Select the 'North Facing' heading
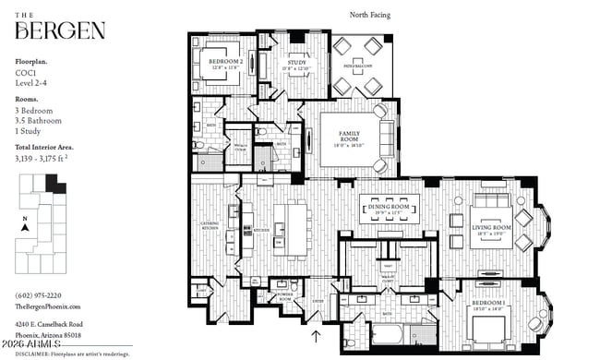click(x=372, y=14)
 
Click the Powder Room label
click(x=285, y=297)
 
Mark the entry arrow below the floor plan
click(x=317, y=338)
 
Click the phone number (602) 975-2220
click(x=38, y=295)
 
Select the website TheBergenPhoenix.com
click(x=48, y=306)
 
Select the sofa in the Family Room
click(x=381, y=138)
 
